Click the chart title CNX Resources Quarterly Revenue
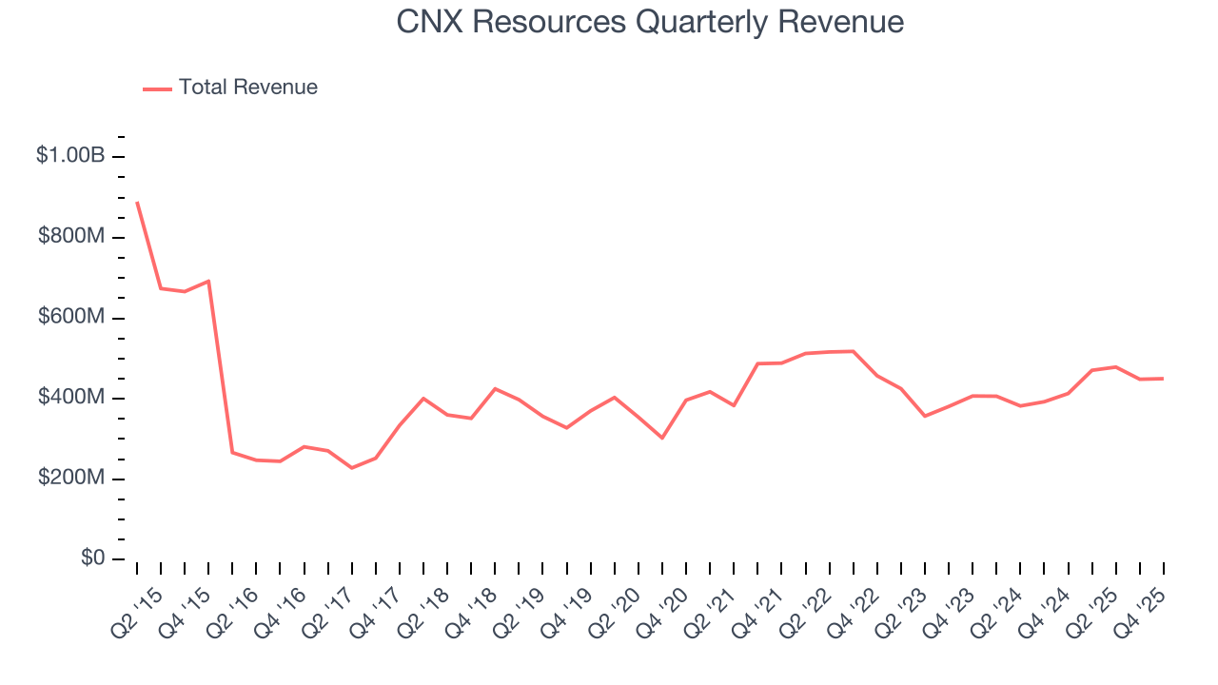(650, 21)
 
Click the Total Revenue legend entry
(247, 88)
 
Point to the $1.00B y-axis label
(69, 156)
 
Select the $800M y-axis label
(71, 236)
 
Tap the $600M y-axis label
(71, 317)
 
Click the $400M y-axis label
(71, 398)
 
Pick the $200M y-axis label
(71, 478)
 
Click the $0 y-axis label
(93, 558)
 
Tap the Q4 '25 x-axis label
(1147, 604)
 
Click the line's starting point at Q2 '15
(137, 202)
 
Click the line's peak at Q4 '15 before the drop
(208, 281)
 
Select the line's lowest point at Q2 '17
(351, 468)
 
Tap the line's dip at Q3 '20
(662, 438)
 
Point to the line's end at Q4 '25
(1163, 379)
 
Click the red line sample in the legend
(157, 88)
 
